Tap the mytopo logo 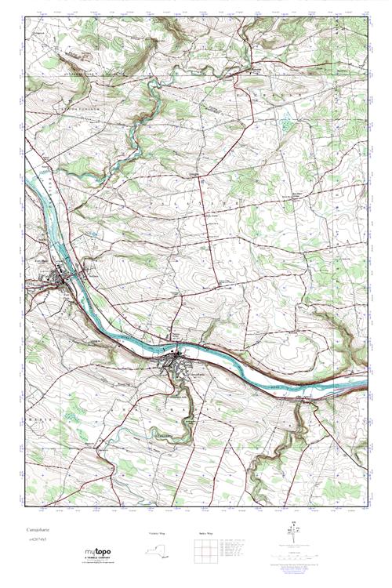(x=99, y=552)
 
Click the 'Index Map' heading (x=203, y=532)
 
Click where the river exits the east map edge (x=366, y=384)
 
